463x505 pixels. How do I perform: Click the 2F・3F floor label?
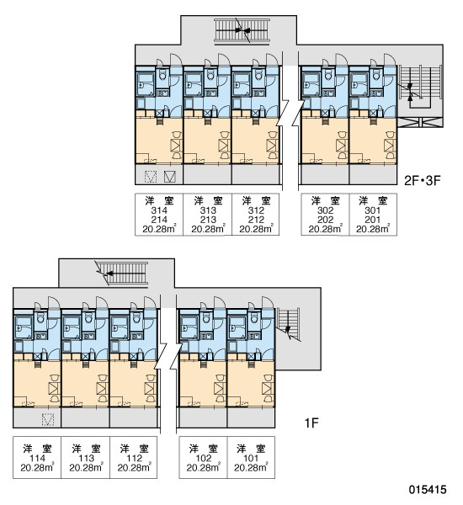click(422, 181)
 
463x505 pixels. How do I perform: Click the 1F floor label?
click(311, 423)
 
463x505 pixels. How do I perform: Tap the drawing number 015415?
click(428, 490)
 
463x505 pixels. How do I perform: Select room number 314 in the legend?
click(159, 210)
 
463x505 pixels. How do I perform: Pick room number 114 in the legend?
click(37, 458)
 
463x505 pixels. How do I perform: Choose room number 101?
click(251, 458)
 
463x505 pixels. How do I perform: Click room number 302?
click(325, 210)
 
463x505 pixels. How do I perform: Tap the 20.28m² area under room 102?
click(204, 467)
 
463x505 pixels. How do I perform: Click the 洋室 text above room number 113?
click(86, 449)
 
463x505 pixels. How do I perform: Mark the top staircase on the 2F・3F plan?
click(242, 30)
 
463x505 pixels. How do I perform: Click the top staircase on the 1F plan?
click(122, 274)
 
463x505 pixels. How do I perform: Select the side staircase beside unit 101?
click(289, 324)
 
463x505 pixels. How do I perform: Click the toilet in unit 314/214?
click(162, 76)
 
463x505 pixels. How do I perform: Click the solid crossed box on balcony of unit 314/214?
click(169, 176)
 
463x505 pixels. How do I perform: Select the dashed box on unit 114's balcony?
click(48, 418)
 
